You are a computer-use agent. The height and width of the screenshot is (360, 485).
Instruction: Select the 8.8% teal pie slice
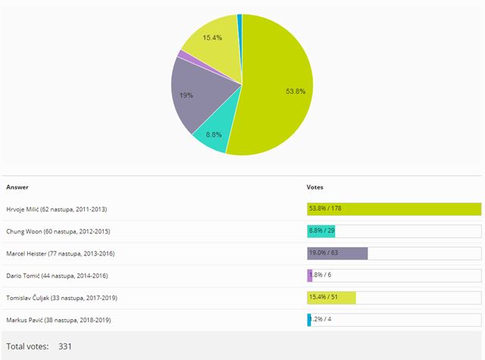(x=212, y=136)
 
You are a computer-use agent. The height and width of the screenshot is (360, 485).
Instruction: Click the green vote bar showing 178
(x=394, y=209)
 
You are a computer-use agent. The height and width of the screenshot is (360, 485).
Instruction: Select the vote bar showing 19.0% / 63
(x=337, y=253)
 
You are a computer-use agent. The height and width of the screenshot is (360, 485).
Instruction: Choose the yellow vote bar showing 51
(x=331, y=298)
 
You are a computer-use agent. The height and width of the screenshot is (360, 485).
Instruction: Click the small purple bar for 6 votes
(x=309, y=276)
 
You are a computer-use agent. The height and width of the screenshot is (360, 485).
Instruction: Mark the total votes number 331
(x=65, y=346)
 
